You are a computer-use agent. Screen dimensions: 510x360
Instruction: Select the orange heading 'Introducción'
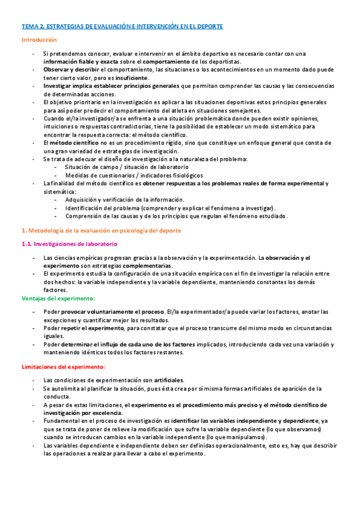pos(39,40)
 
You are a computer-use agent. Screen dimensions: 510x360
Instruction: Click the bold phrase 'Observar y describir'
pos(67,70)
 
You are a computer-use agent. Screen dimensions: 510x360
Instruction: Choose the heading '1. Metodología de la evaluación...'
pos(101,230)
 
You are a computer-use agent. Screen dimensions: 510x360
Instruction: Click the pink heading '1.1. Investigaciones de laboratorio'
pos(69,244)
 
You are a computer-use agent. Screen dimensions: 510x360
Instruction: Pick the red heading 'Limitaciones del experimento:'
pos(63,367)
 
